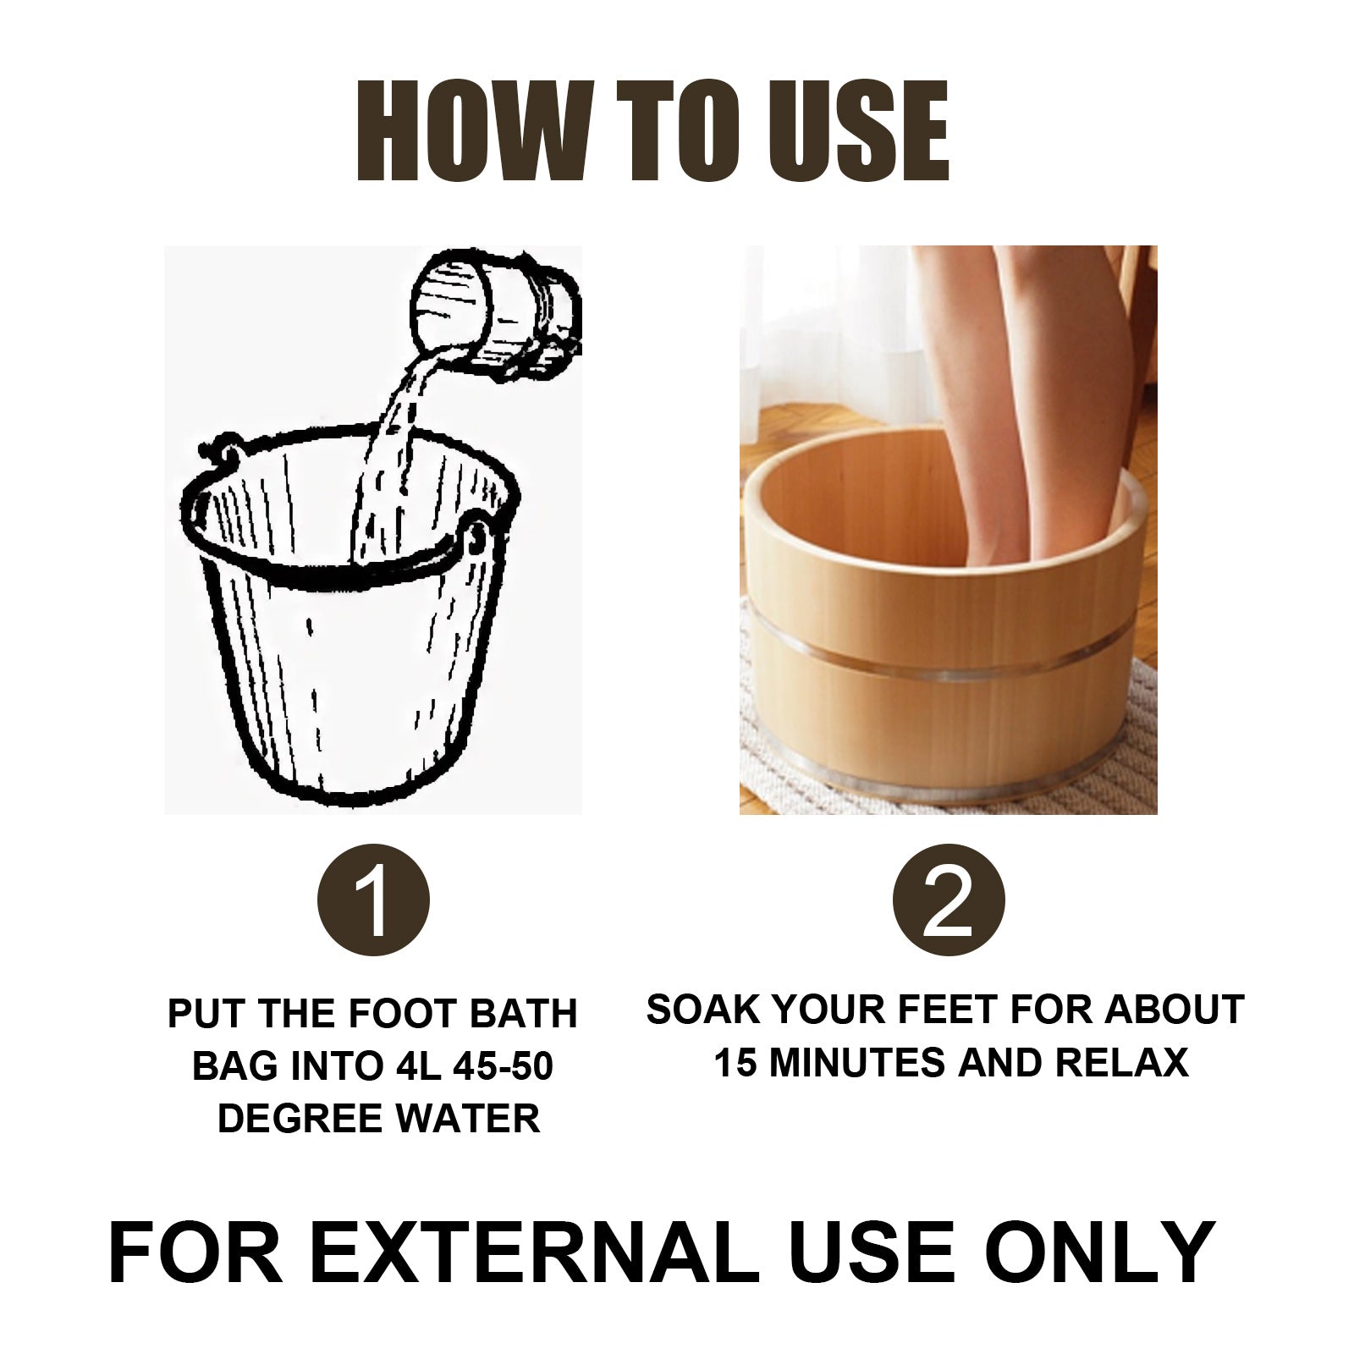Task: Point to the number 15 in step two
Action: click(x=735, y=1062)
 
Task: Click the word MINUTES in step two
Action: click(x=855, y=1062)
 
